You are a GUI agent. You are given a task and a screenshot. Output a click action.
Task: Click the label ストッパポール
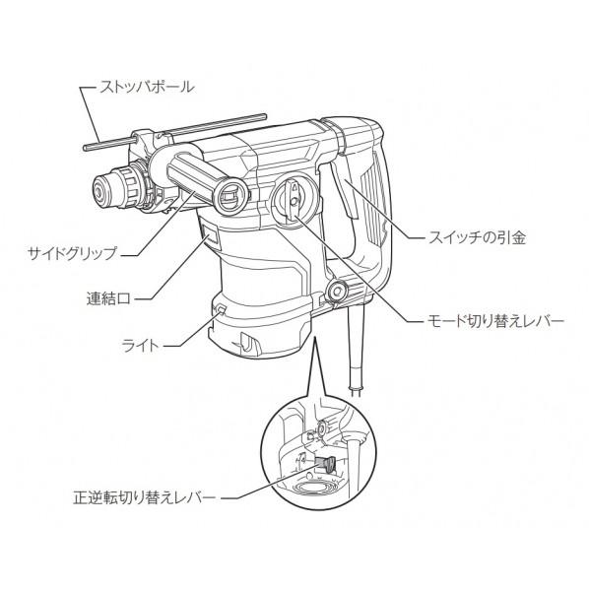pyautogui.click(x=147, y=87)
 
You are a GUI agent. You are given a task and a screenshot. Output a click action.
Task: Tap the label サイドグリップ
pyautogui.click(x=73, y=253)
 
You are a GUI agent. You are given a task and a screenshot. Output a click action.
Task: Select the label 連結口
pyautogui.click(x=108, y=299)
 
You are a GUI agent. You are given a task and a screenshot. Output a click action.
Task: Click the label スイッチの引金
pyautogui.click(x=477, y=237)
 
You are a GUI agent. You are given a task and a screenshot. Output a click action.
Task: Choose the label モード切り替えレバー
pyautogui.click(x=495, y=321)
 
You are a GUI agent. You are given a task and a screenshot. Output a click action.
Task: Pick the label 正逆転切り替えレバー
pyautogui.click(x=145, y=498)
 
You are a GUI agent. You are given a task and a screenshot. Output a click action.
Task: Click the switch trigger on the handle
pyautogui.click(x=344, y=190)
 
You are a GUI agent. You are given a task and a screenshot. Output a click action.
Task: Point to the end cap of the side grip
pyautogui.click(x=230, y=196)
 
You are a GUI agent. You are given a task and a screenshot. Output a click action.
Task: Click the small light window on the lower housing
pyautogui.click(x=221, y=309)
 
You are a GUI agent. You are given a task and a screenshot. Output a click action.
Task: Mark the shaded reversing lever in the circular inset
pyautogui.click(x=325, y=464)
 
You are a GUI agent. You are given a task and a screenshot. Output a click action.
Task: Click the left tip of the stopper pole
pyautogui.click(x=86, y=148)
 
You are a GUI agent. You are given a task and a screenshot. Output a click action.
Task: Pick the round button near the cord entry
pyautogui.click(x=337, y=292)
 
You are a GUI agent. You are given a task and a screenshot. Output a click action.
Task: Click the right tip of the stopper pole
pyautogui.click(x=264, y=116)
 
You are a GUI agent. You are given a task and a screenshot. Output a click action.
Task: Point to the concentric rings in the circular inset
pyautogui.click(x=310, y=490)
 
